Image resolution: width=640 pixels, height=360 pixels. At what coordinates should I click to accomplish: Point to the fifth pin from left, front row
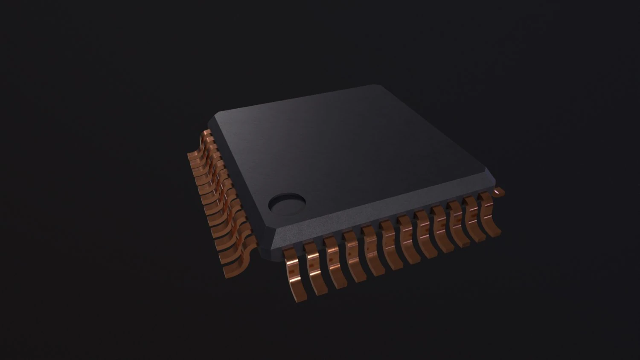372,252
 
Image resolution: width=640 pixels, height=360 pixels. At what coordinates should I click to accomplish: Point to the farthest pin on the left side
207,136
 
